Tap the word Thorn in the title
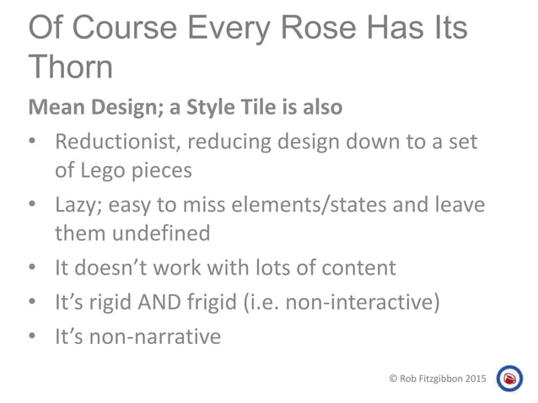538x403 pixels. (71, 67)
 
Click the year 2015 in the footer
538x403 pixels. (474, 379)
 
